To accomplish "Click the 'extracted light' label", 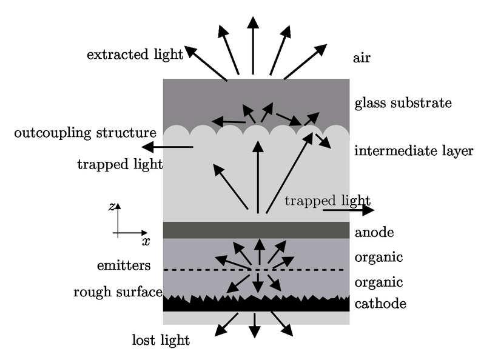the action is (135, 55).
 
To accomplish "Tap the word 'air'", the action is (362, 58).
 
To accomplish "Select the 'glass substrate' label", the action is (403, 103).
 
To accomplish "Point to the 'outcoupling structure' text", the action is (86, 133).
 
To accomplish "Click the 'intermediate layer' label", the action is (414, 151).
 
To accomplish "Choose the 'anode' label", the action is (374, 233).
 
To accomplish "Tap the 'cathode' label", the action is (380, 304).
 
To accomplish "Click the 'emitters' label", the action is (124, 265).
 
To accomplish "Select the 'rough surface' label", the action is (118, 292).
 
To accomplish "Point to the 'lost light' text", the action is (161, 340).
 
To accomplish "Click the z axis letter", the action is (112, 207).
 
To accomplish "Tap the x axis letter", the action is (146, 241).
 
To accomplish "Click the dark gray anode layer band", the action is (256, 230).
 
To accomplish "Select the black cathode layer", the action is (256, 305).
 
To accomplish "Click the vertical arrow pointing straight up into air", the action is (253, 45).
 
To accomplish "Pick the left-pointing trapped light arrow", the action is (167, 147).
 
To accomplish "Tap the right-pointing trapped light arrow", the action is (349, 210).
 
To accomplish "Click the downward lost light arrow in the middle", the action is (255, 325).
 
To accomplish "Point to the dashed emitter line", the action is (254, 270).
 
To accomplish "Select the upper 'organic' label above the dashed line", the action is (379, 258).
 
